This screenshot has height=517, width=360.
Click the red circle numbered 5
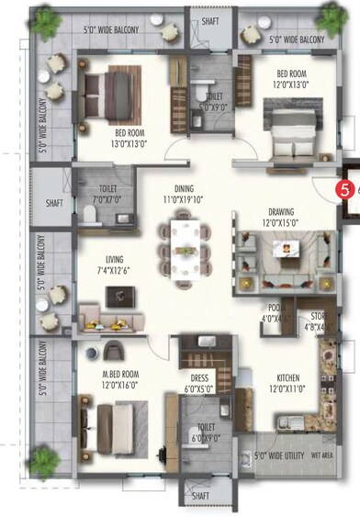click(x=344, y=190)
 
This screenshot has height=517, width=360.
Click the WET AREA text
click(x=322, y=454)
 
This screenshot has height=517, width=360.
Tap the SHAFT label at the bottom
click(x=201, y=497)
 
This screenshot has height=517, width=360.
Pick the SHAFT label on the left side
click(x=53, y=204)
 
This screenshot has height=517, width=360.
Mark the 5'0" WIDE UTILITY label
click(x=280, y=454)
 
